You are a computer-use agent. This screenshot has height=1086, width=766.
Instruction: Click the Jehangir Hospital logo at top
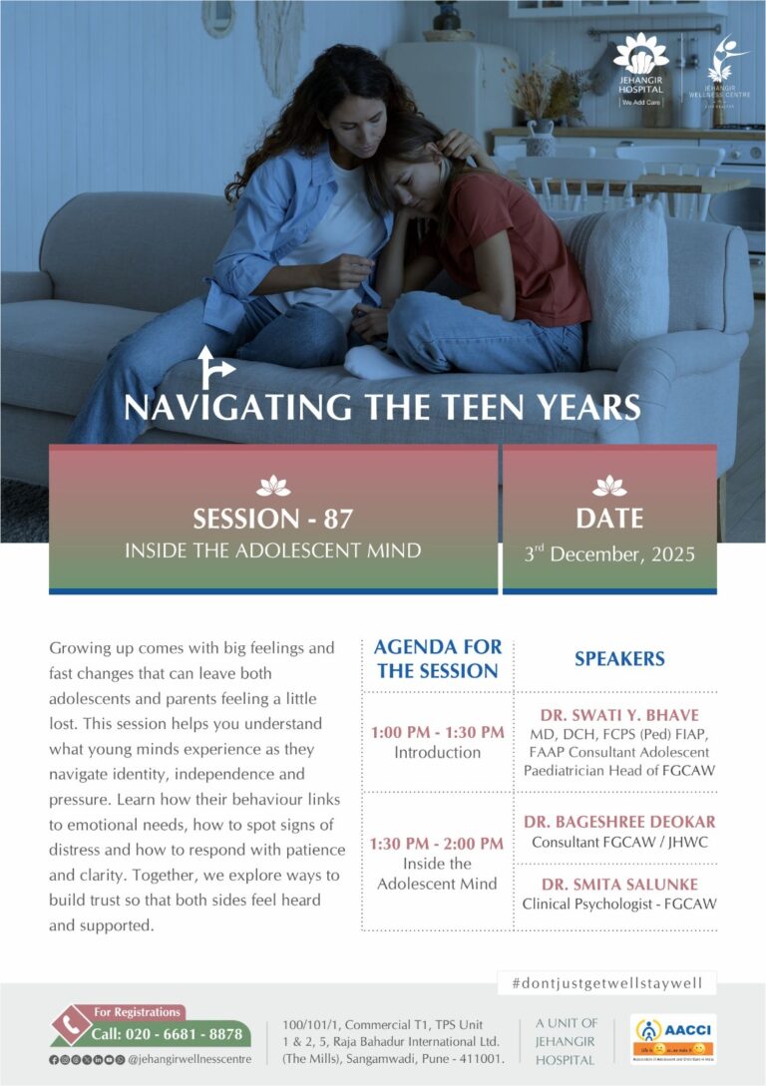(640, 69)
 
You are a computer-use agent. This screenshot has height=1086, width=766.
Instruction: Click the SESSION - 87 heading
(272, 519)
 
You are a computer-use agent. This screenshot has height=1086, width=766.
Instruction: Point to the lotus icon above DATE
(608, 486)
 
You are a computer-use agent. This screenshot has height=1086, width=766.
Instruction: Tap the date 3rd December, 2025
(608, 553)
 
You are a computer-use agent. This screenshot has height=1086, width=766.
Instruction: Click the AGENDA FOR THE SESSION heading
(437, 659)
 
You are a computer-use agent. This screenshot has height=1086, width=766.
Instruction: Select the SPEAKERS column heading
(618, 659)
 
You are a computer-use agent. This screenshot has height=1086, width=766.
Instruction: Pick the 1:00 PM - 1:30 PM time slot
(437, 732)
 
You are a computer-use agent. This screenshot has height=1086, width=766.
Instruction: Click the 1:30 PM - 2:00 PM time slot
(437, 844)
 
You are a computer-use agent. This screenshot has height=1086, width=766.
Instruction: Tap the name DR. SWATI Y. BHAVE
(618, 715)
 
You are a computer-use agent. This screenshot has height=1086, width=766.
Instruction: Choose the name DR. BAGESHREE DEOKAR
(619, 822)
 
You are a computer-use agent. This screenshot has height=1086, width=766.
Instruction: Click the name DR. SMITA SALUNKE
(619, 885)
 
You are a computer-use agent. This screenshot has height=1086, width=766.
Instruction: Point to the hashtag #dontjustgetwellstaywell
(606, 982)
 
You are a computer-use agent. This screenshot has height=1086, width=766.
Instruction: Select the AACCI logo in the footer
(672, 1038)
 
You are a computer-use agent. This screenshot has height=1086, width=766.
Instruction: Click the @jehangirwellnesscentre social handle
(190, 1058)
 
